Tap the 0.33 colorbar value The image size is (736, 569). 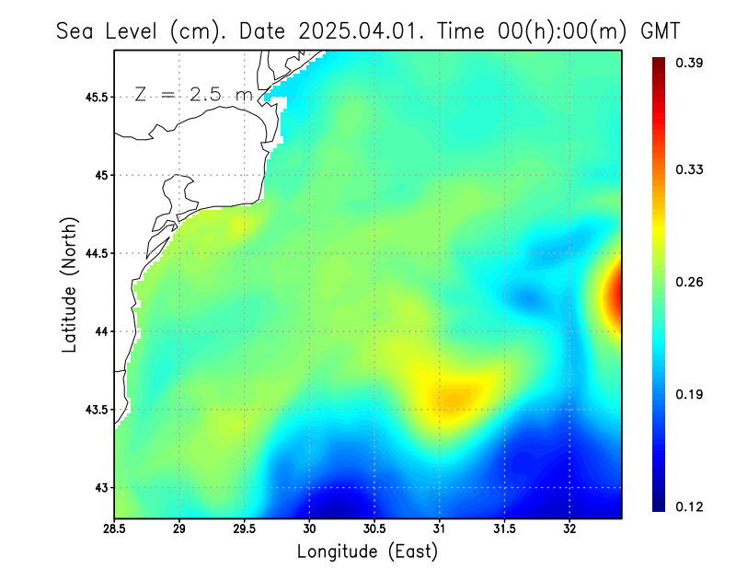(691, 169)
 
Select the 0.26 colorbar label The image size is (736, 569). (691, 282)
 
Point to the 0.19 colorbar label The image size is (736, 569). (691, 395)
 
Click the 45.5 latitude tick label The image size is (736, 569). (94, 97)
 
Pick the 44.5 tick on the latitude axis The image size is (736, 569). (94, 253)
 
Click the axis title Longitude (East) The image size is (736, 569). (367, 552)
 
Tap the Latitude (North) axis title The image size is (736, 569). (69, 284)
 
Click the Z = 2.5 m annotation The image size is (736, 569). (192, 95)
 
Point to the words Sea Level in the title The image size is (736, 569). (109, 30)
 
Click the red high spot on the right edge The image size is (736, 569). (614, 297)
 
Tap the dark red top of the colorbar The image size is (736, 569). (660, 64)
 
